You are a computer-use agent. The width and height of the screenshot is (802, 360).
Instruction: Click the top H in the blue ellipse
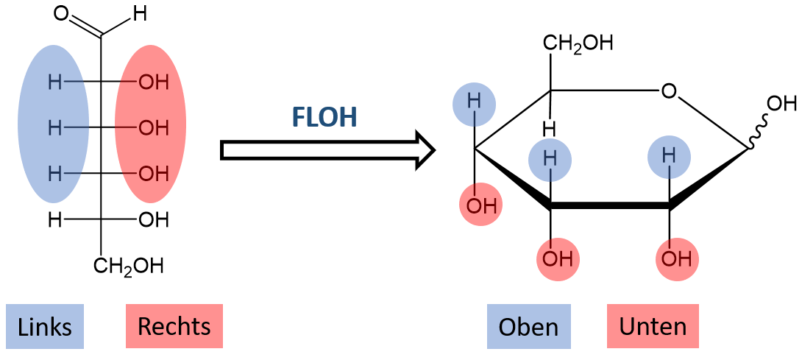[54, 82]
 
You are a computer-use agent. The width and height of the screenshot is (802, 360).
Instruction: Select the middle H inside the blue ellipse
[54, 128]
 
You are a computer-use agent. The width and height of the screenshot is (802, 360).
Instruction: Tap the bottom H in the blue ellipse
[54, 174]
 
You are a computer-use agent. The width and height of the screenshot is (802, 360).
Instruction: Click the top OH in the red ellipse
[154, 82]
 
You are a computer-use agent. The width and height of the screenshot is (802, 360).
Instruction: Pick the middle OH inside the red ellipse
[154, 128]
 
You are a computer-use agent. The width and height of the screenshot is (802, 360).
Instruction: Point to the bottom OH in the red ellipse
[154, 174]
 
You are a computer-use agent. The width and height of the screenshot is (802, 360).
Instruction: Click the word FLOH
[324, 118]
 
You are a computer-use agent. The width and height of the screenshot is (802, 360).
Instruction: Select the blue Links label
[45, 327]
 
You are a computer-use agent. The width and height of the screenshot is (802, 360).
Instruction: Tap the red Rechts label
[174, 327]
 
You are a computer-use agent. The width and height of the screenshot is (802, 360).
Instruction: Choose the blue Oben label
[528, 327]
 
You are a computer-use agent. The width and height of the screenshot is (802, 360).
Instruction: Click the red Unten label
[653, 327]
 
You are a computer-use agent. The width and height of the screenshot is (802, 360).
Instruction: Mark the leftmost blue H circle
[474, 104]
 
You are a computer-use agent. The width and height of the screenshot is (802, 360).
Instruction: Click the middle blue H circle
[550, 160]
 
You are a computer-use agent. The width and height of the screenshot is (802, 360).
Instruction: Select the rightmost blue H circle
[669, 157]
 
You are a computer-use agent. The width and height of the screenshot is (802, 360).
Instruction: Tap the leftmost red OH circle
[480, 205]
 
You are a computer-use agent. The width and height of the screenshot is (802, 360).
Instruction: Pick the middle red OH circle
[558, 259]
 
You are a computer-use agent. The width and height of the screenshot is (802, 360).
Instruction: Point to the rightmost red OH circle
[677, 259]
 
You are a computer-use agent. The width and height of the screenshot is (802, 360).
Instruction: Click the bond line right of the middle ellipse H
[76, 127]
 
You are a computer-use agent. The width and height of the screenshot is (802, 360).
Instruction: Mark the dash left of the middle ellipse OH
[126, 127]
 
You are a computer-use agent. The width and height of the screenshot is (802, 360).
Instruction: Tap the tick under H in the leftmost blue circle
[475, 118]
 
